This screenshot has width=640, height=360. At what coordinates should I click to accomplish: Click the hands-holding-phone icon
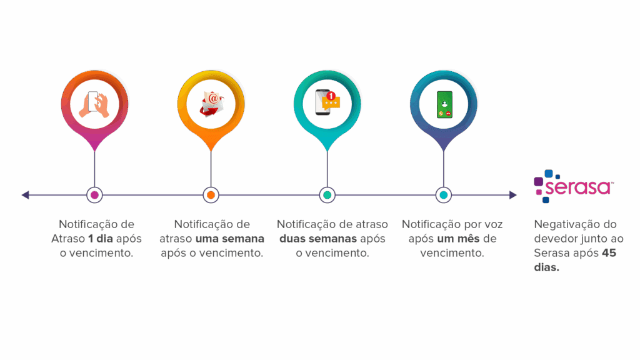[94, 103]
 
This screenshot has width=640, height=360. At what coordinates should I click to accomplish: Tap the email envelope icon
[211, 103]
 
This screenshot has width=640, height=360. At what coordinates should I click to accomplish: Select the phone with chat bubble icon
[326, 103]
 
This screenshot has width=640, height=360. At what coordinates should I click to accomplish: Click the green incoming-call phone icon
[444, 104]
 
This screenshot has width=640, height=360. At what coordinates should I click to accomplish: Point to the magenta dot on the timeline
[94, 195]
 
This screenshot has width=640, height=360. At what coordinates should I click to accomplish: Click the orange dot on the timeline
[211, 195]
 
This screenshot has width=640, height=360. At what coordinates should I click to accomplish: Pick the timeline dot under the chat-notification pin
[327, 195]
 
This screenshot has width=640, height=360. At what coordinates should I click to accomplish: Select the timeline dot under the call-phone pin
[443, 195]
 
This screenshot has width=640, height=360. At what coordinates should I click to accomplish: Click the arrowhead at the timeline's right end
[512, 195]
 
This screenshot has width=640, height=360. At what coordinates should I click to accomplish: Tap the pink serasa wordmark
[578, 188]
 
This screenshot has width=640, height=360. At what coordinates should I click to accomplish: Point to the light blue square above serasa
[549, 173]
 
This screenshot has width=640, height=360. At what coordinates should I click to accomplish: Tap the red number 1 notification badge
[331, 96]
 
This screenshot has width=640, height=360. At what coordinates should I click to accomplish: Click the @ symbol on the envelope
[213, 98]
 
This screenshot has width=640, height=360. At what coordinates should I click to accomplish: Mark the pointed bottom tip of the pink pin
[94, 151]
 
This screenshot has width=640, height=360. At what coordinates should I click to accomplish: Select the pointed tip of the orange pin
[211, 151]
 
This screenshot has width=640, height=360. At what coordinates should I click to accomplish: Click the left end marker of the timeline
[26, 195]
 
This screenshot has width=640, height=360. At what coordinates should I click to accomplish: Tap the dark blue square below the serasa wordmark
[546, 201]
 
